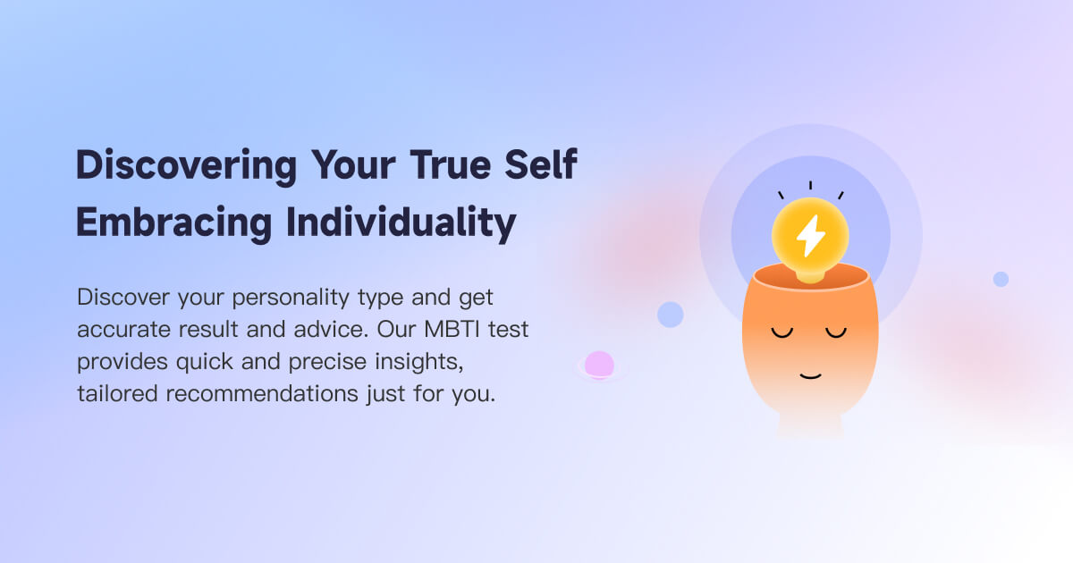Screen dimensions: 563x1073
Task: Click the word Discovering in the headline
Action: pos(186,167)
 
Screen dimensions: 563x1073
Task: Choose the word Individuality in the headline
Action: pos(401,223)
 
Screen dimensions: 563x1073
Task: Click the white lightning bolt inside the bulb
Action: pos(810,235)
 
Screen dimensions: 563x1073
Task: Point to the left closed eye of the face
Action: pos(782,333)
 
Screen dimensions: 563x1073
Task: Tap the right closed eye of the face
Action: pos(836,333)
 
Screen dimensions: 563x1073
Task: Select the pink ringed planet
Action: pos(599,365)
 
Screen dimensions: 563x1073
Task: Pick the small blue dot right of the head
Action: pos(1001,279)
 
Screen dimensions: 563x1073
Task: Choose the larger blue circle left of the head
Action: pos(670,315)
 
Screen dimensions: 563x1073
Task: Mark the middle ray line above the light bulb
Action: pos(810,186)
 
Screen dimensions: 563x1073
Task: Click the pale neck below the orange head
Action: pos(810,426)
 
